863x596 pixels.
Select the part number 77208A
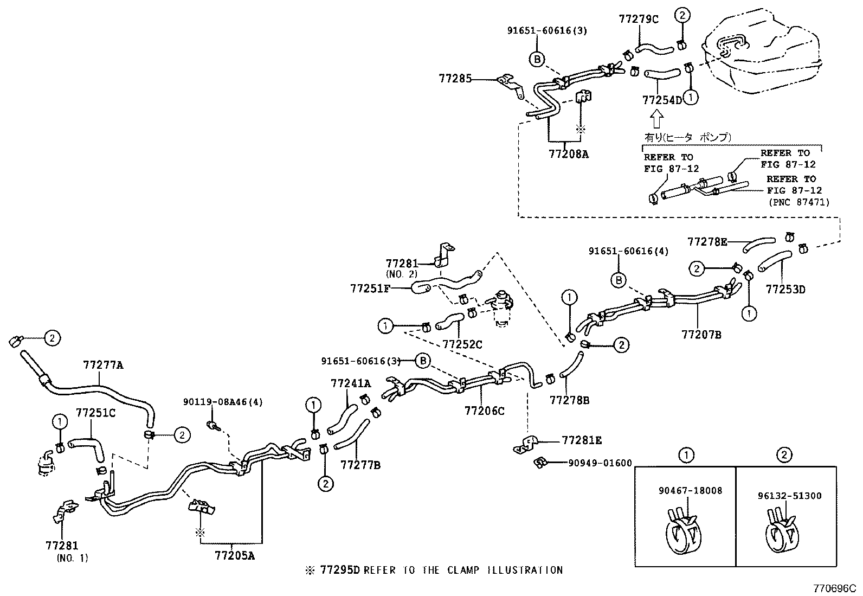coord(568,154)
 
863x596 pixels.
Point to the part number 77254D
coord(662,100)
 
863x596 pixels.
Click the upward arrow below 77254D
coord(656,118)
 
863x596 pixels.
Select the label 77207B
coord(701,335)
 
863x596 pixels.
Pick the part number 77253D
coord(785,290)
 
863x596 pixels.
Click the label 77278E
coord(707,242)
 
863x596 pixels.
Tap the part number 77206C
coord(484,411)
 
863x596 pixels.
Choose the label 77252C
coord(462,344)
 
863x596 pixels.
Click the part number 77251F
coord(370,289)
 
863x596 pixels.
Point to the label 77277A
coord(103,366)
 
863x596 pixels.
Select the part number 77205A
coord(234,555)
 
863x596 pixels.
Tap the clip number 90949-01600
coord(600,463)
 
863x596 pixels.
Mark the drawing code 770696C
coord(833,587)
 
